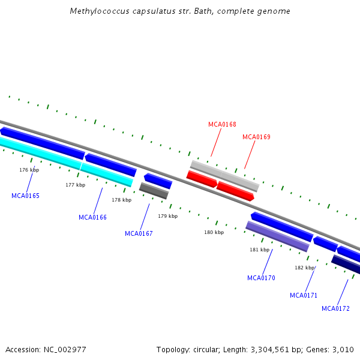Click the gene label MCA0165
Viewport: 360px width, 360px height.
point(25,196)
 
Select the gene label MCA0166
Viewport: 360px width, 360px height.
point(92,217)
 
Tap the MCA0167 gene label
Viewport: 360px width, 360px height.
point(139,233)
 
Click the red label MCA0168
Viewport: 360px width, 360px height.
point(222,125)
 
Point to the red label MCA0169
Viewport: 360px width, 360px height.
point(256,137)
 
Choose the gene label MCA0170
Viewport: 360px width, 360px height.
point(261,278)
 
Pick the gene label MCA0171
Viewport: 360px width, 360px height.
point(304,295)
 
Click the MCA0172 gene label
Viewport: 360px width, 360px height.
point(335,309)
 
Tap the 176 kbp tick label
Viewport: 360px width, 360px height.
point(29,170)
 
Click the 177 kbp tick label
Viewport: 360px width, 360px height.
point(75,185)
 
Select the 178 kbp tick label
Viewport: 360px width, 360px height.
point(121,200)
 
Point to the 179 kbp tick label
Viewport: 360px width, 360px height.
point(167,216)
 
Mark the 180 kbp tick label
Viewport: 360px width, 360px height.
point(214,232)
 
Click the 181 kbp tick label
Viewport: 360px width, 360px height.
point(259,250)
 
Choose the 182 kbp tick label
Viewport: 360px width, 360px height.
point(304,268)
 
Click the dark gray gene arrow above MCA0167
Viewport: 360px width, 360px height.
point(154,191)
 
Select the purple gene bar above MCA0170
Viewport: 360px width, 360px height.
point(277,236)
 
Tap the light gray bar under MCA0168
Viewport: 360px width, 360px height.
point(224,176)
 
